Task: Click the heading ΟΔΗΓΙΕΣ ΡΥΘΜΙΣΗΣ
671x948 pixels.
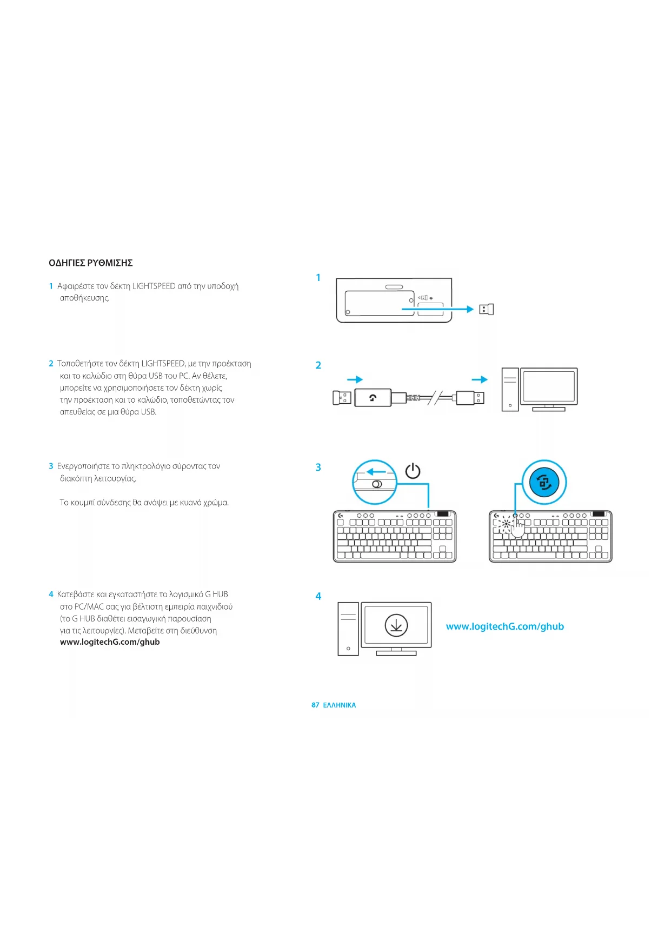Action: click(x=91, y=263)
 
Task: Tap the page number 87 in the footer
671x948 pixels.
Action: click(x=315, y=705)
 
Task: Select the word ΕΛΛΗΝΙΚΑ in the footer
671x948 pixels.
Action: click(x=340, y=705)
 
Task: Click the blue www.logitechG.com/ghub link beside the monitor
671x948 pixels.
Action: click(x=505, y=626)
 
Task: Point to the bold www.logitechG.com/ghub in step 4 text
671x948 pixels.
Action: click(x=110, y=642)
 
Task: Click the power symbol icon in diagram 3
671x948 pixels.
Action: click(x=413, y=471)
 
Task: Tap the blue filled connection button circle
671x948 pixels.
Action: click(x=544, y=483)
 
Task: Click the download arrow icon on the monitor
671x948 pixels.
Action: click(x=396, y=625)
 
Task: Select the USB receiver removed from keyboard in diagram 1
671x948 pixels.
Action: click(x=487, y=309)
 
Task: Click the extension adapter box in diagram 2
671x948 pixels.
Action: click(x=373, y=398)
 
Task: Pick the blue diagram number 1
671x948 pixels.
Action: click(x=318, y=278)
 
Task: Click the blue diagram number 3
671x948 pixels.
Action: click(x=318, y=468)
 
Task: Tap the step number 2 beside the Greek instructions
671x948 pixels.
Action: click(x=51, y=364)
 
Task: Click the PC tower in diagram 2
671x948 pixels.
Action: click(x=510, y=389)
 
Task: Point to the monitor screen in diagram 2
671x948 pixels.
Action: click(x=549, y=385)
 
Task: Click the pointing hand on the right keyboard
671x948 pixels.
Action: click(x=517, y=526)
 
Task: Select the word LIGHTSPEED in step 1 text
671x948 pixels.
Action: click(x=154, y=286)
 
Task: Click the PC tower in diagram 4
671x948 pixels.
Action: click(x=348, y=629)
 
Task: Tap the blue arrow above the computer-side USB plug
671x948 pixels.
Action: click(x=480, y=379)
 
